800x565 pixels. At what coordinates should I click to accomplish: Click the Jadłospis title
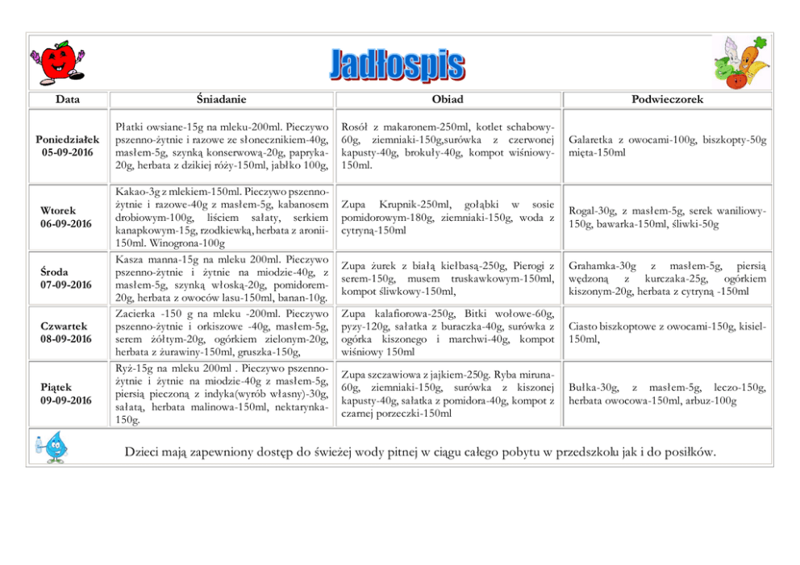tap(397, 64)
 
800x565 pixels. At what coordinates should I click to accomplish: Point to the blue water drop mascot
tap(54, 446)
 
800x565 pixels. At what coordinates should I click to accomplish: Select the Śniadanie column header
tap(221, 99)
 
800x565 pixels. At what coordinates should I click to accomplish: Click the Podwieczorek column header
tap(667, 99)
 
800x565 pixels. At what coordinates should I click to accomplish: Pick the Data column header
tap(68, 99)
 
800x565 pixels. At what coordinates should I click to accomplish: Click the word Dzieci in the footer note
tap(143, 451)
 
